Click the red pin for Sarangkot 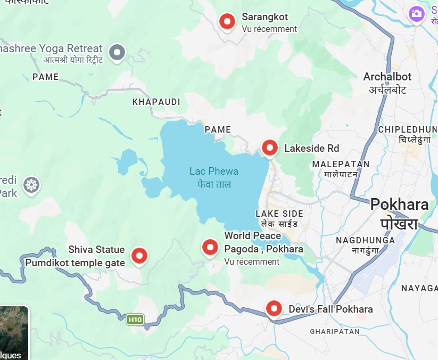(x=227, y=22)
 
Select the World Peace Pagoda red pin (x=210, y=247)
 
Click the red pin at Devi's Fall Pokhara (x=274, y=308)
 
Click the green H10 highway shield (x=135, y=320)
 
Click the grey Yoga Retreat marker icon (x=117, y=52)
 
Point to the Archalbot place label (x=387, y=77)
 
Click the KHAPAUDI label (x=156, y=102)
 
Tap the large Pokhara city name (x=399, y=204)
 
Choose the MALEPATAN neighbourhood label (x=341, y=164)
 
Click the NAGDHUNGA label (x=365, y=240)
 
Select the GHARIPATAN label (x=335, y=331)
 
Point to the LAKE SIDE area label (x=279, y=214)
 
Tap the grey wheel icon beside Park (x=32, y=185)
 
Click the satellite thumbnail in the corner (x=13, y=333)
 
